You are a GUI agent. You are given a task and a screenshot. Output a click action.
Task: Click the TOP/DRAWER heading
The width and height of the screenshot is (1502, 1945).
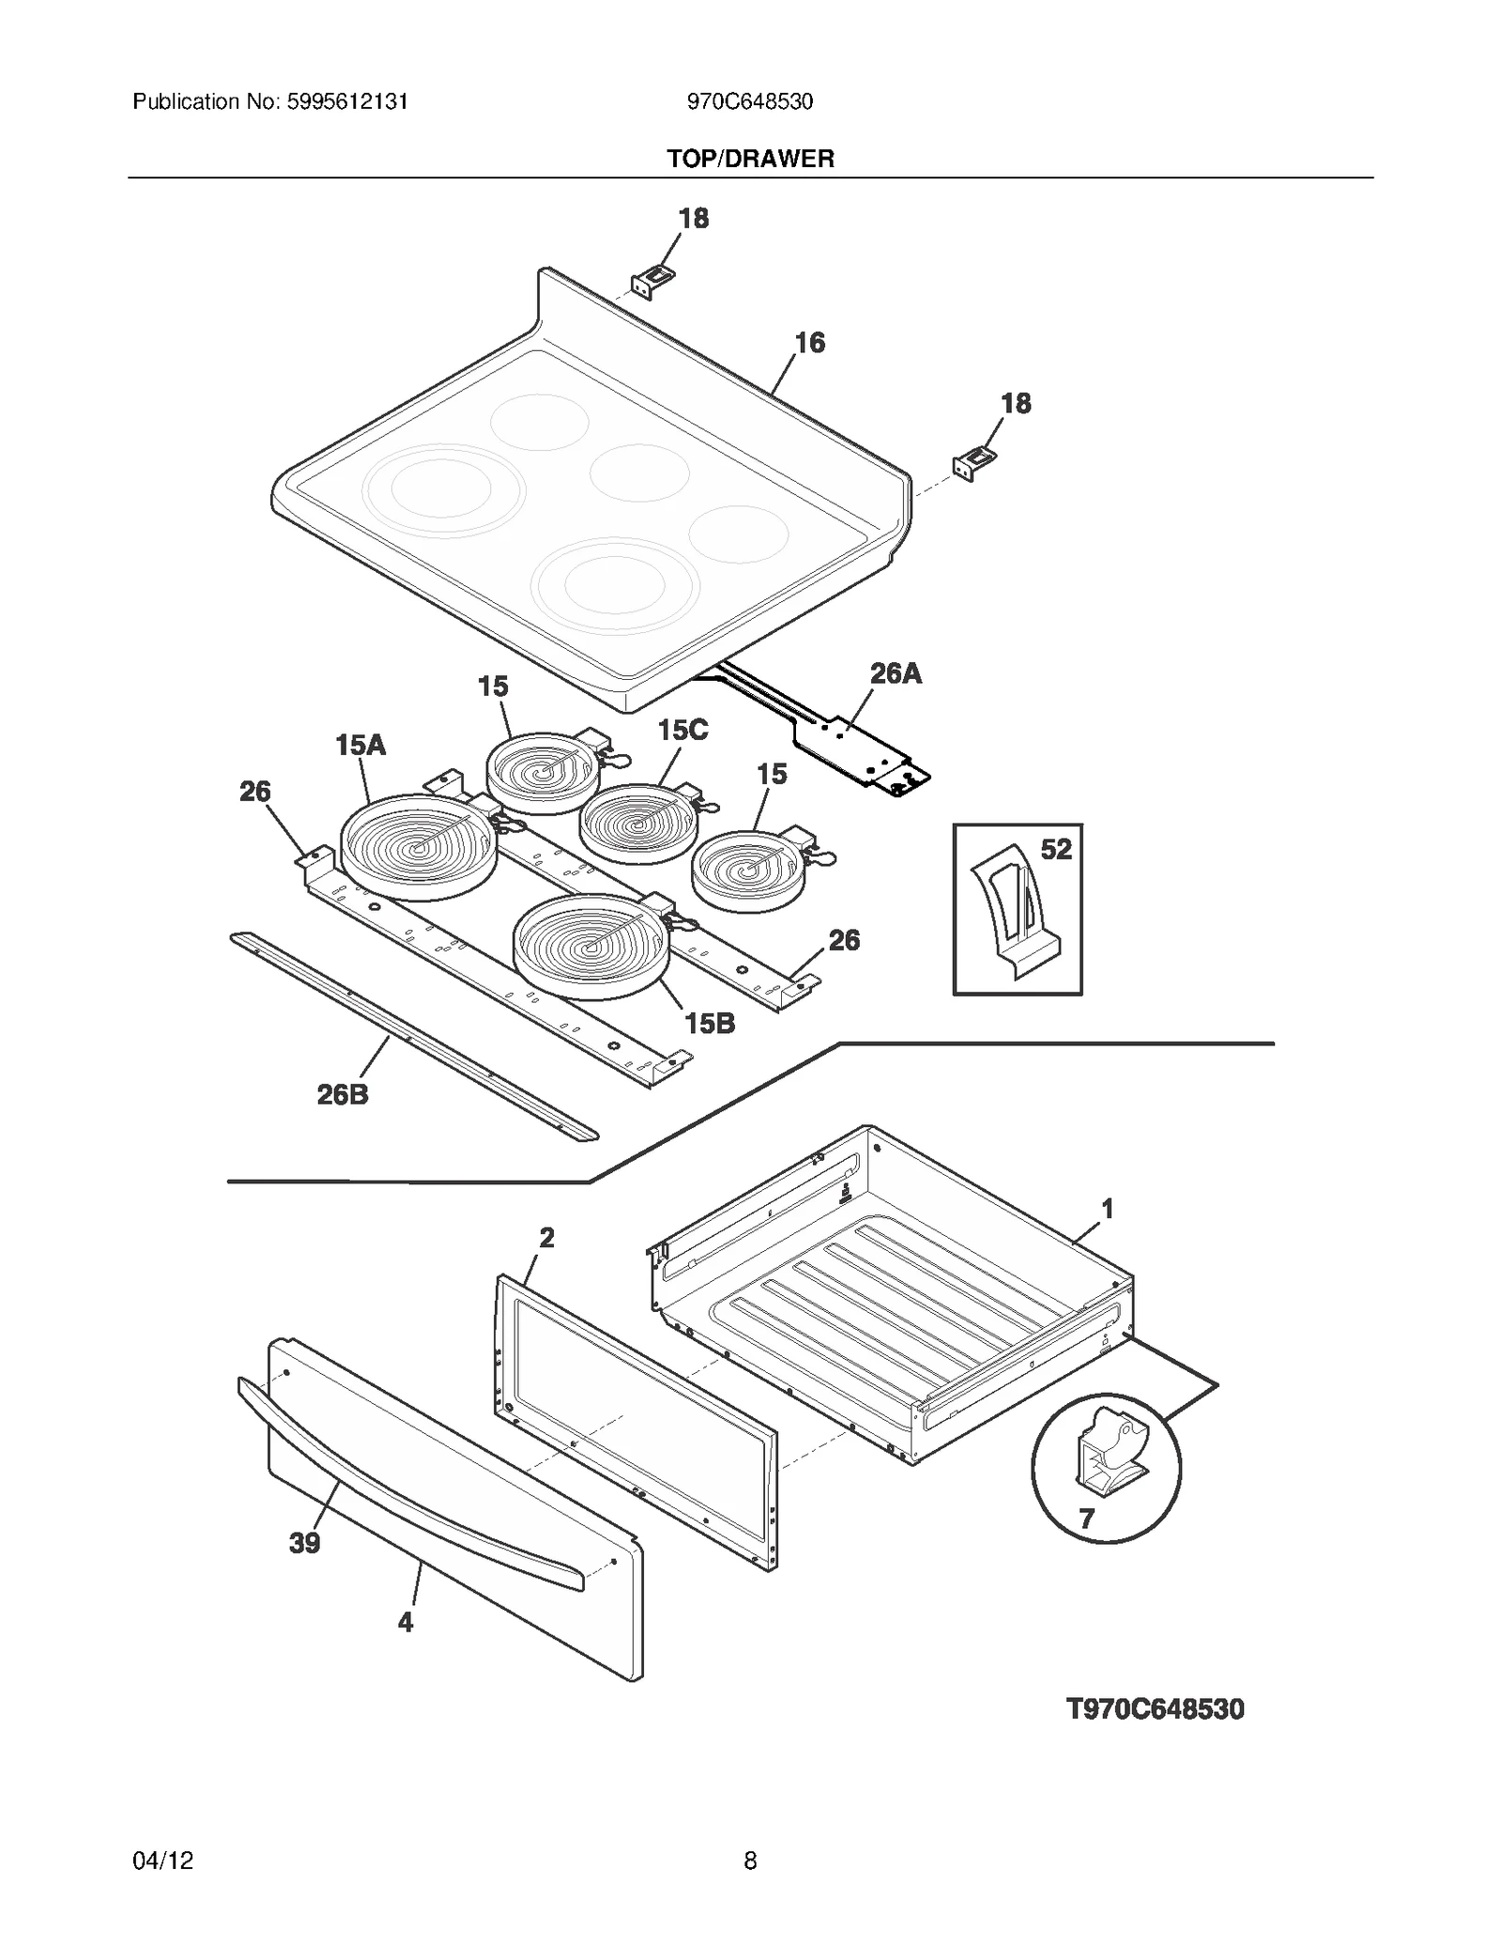tap(750, 159)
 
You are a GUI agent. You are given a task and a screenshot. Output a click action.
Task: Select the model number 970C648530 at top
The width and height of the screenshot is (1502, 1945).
tap(749, 101)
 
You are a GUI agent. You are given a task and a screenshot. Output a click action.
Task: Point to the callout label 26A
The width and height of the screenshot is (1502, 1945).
tap(896, 673)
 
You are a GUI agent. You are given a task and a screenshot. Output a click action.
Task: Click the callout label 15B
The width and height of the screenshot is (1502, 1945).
tap(710, 1023)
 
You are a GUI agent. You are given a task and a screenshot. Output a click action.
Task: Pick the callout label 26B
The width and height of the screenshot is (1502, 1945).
tap(343, 1094)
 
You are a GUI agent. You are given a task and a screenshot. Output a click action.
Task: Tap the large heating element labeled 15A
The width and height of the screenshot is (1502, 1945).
tap(419, 845)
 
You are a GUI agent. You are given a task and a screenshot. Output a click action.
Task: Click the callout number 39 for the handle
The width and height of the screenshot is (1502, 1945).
tap(304, 1542)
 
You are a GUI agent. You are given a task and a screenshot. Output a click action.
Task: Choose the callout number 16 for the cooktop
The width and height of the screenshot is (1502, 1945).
tap(809, 343)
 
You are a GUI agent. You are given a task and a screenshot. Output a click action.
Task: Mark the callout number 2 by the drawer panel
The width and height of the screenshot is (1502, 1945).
tap(546, 1237)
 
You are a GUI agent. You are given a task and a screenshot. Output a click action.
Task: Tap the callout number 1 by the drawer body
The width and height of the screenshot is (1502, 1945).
tap(1108, 1208)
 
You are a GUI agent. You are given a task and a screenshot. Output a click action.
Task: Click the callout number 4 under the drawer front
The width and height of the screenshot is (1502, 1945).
tap(406, 1622)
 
